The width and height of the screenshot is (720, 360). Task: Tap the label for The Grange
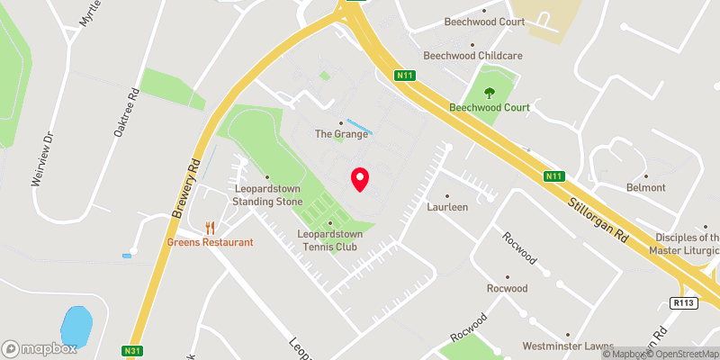[341, 134]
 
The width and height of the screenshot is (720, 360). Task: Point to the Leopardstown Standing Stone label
[266, 194]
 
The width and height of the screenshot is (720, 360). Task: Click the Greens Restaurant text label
[210, 242]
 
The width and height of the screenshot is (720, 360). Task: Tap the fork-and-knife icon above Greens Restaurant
[210, 227]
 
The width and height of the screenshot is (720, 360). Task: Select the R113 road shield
[684, 303]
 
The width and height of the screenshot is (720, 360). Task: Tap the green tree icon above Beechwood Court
[490, 92]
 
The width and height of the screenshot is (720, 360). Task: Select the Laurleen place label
[447, 206]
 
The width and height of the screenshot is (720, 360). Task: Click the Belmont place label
[645, 187]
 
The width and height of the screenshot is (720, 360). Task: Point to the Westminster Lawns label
[567, 346]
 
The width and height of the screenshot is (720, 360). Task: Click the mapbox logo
[39, 348]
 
